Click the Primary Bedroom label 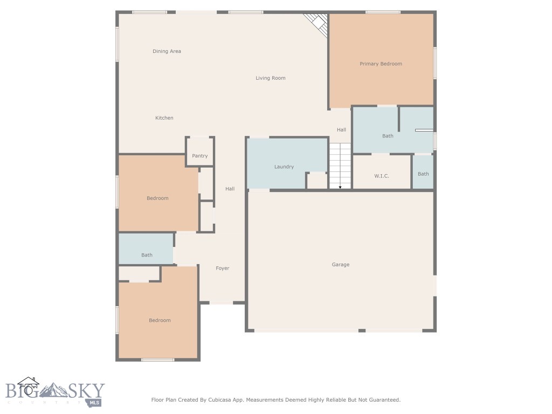tap(381, 64)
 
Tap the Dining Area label tap(167, 51)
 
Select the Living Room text tap(270, 78)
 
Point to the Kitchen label tap(164, 118)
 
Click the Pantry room tap(199, 156)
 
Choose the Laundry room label tap(284, 167)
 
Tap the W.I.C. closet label tap(382, 176)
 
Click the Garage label tap(340, 265)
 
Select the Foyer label tap(222, 268)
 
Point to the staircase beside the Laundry tap(340, 165)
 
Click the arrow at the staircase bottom tap(340, 187)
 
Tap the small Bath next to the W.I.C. tap(423, 174)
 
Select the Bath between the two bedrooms tap(147, 255)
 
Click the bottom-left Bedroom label tap(160, 320)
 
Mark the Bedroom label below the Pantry tap(157, 198)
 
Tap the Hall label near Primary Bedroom tap(341, 129)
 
